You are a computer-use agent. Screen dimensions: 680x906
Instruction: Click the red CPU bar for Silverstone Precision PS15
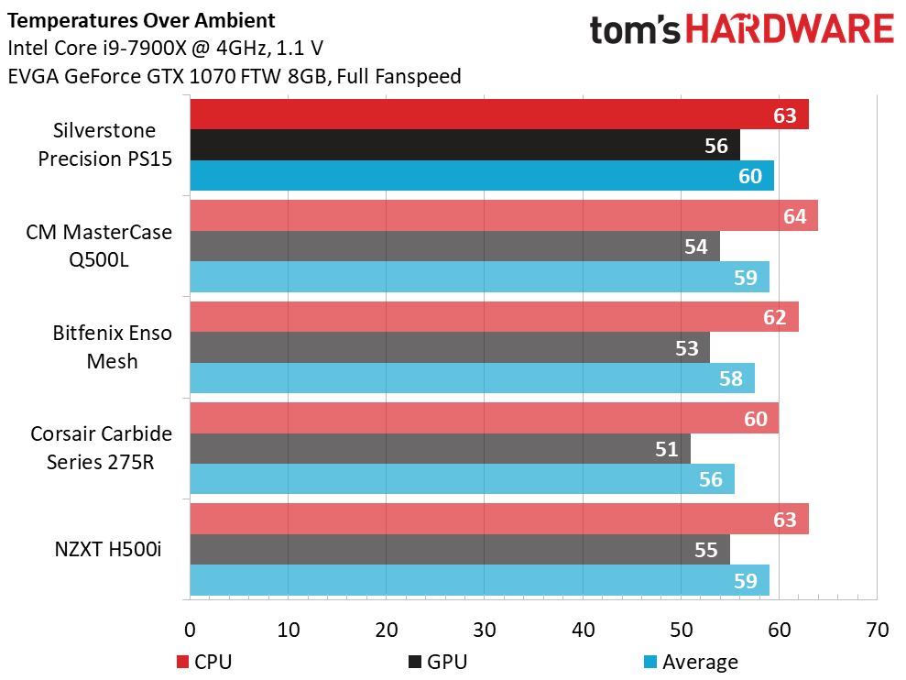click(x=476, y=115)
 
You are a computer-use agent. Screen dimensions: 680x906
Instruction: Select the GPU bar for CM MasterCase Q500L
click(x=440, y=247)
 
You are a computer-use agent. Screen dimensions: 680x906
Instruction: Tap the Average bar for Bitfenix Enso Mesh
click(x=458, y=378)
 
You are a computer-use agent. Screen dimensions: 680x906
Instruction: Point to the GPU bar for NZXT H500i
click(x=440, y=549)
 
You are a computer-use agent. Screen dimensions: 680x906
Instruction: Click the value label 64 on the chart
click(x=795, y=216)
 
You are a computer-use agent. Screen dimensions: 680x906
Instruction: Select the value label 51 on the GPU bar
click(x=667, y=449)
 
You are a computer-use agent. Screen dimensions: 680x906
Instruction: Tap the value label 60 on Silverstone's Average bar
click(x=750, y=176)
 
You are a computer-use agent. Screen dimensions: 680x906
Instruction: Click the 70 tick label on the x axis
click(x=877, y=631)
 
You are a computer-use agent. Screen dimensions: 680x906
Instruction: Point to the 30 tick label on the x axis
click(x=485, y=631)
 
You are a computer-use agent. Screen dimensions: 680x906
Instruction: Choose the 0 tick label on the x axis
click(x=191, y=631)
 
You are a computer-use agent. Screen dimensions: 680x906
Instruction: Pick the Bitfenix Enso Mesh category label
click(x=112, y=346)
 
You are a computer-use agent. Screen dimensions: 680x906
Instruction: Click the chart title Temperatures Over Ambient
click(x=139, y=19)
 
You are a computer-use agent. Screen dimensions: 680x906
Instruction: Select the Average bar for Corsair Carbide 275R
click(x=458, y=478)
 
